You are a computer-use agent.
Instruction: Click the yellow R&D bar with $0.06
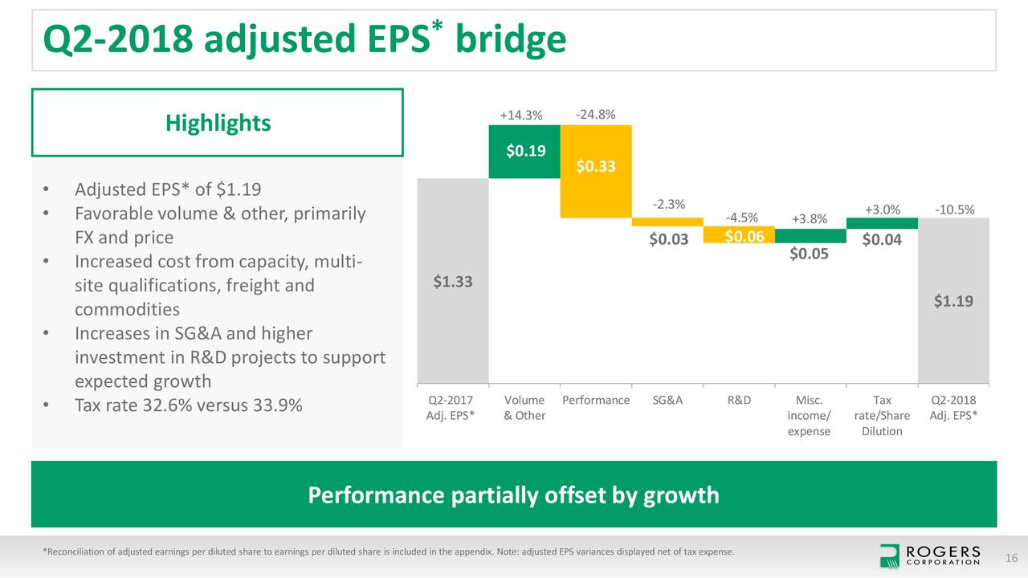coord(738,235)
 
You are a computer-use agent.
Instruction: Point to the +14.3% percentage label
coord(520,116)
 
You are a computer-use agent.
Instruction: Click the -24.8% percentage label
coord(596,114)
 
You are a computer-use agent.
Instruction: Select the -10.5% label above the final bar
coord(955,210)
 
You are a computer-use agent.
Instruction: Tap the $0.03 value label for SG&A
coord(668,239)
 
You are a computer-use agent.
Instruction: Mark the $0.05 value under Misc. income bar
coord(810,254)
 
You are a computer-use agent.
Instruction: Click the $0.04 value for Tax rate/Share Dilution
coord(882,240)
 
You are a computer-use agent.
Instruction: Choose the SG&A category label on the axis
coord(668,400)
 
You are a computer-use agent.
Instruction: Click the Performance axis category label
coord(595,400)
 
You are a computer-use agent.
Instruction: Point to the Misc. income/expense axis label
coord(810,415)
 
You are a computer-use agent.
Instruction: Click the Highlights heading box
coord(218,123)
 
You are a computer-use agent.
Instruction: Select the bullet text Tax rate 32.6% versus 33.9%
coord(188,405)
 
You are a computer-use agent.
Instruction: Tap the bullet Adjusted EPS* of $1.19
coord(167,190)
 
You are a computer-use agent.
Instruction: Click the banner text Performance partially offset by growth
coord(514,495)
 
